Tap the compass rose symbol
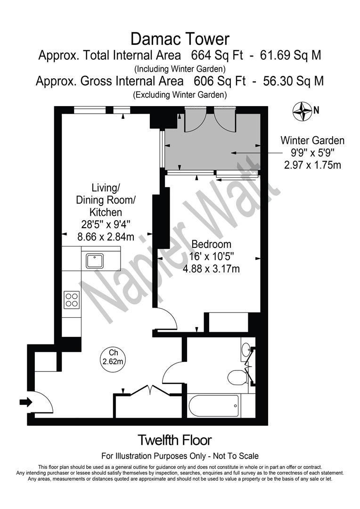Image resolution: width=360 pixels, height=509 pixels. click(303, 111)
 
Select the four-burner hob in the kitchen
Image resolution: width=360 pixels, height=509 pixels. click(71, 299)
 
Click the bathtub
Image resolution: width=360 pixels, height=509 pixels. click(213, 406)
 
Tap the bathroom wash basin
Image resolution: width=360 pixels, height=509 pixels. click(246, 350)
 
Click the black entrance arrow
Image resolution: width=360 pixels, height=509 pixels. click(25, 402)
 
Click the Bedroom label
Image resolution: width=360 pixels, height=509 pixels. click(211, 244)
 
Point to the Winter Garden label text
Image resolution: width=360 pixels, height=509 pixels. click(312, 140)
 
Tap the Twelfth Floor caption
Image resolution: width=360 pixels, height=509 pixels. click(174, 440)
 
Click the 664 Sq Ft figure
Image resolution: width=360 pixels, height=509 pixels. click(217, 55)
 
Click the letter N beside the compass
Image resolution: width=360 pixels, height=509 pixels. click(317, 111)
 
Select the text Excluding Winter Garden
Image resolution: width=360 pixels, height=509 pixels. click(180, 94)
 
